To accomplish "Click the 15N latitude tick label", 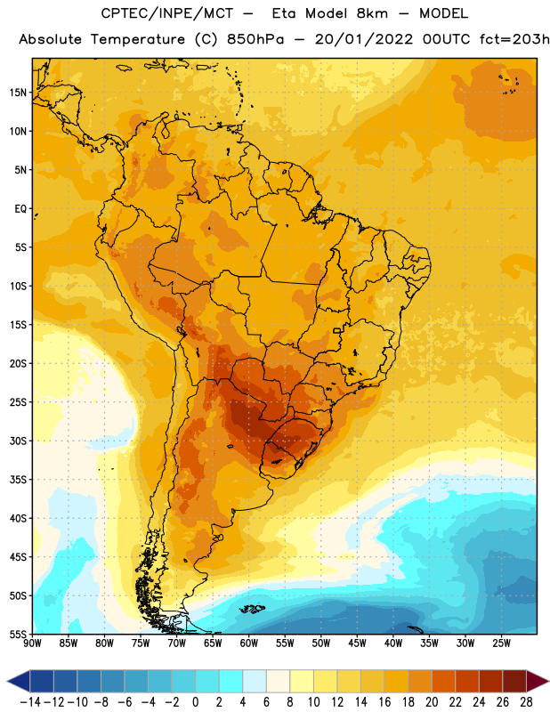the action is pyautogui.click(x=18, y=93).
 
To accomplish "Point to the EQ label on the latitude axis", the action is pyautogui.click(x=20, y=209).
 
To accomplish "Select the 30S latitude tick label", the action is pyautogui.click(x=18, y=441).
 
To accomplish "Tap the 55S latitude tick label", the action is pyautogui.click(x=18, y=635).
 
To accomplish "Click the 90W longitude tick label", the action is pyautogui.click(x=32, y=643).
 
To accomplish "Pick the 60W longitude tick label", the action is pyautogui.click(x=249, y=643).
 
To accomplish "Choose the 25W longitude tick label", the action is pyautogui.click(x=501, y=643).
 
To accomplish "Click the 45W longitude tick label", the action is pyautogui.click(x=357, y=643).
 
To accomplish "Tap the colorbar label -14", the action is pyautogui.click(x=30, y=702).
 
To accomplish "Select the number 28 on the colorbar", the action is pyautogui.click(x=526, y=702).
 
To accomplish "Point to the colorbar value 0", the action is pyautogui.click(x=195, y=702).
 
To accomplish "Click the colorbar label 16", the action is pyautogui.click(x=384, y=702).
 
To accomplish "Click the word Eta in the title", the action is pyautogui.click(x=283, y=13).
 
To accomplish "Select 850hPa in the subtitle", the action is pyautogui.click(x=255, y=39).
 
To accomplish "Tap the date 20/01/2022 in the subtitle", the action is pyautogui.click(x=364, y=39).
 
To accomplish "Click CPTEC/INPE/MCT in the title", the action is pyautogui.click(x=166, y=13).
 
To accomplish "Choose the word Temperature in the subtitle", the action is pyautogui.click(x=138, y=40).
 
